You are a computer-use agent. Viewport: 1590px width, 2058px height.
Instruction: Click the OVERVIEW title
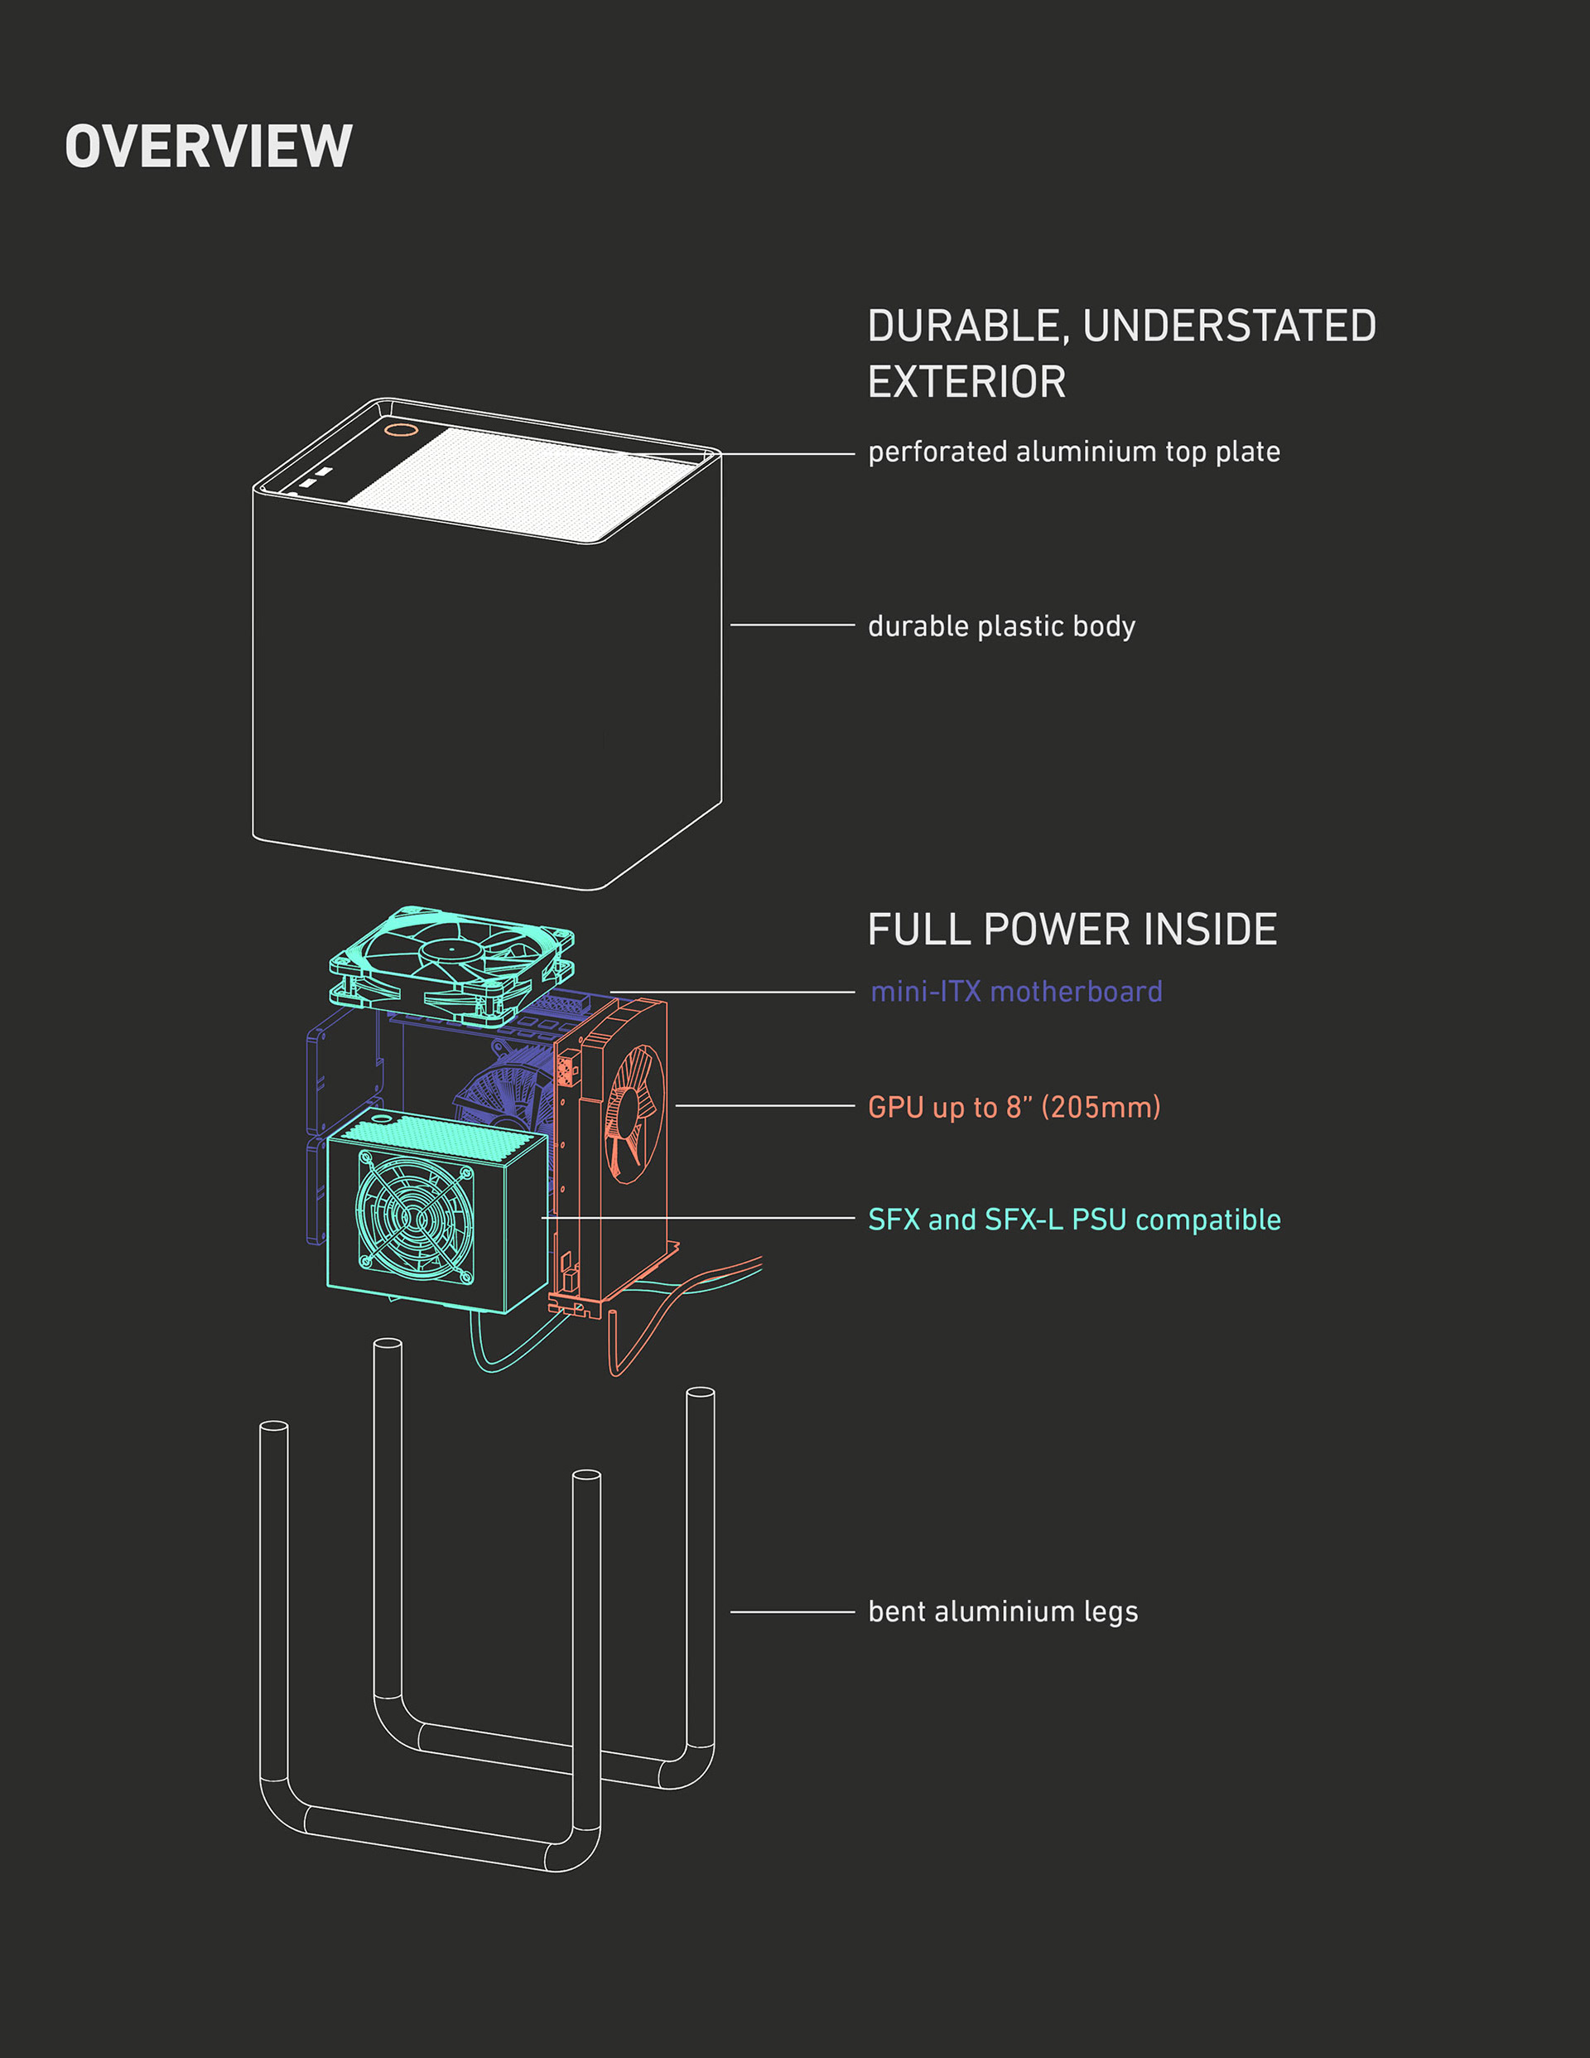pos(208,147)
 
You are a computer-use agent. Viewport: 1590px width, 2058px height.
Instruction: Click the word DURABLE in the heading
pos(967,326)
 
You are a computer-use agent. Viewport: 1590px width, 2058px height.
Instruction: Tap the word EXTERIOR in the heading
pos(966,383)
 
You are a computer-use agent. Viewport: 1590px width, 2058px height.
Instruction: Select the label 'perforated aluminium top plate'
pos(1074,452)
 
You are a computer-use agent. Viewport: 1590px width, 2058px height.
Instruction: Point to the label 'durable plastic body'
pos(1001,626)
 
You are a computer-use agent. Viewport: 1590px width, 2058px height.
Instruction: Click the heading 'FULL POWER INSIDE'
pos(1072,930)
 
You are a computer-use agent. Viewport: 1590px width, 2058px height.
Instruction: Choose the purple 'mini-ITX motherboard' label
pos(1016,993)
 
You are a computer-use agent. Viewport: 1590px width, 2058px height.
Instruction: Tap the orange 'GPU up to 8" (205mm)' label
pos(1014,1107)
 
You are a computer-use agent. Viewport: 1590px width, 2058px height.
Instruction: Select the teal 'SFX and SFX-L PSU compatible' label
pos(1074,1220)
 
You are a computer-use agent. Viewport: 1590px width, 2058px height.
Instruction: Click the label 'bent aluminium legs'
pos(1002,1612)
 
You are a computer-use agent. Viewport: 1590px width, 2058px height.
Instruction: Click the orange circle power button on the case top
pos(402,430)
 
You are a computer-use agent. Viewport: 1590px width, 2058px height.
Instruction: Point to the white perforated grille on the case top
pos(518,482)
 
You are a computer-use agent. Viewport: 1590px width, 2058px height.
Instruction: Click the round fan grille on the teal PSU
pos(414,1216)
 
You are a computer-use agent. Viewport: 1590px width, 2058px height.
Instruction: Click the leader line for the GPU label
pos(764,1105)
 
